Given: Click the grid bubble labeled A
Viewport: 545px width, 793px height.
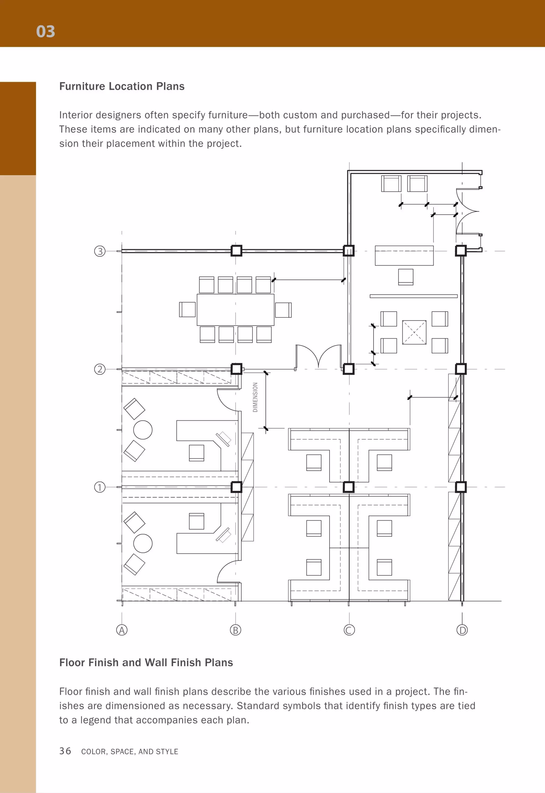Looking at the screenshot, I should click(122, 630).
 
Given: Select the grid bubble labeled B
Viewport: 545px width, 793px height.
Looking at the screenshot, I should click(235, 630).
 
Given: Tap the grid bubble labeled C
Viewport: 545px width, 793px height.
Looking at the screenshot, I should click(349, 630).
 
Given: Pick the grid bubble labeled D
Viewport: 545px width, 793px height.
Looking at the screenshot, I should click(462, 630).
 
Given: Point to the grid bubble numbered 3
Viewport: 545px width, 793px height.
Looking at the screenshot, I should click(100, 251).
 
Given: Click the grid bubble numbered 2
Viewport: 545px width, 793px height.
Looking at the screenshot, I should click(100, 369).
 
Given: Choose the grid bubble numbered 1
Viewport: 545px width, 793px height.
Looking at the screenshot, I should click(100, 487).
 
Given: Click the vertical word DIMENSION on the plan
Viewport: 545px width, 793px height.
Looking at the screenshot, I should click(255, 397).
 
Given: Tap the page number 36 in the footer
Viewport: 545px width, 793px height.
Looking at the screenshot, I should click(65, 751).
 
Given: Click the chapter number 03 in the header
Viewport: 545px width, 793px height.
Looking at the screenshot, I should click(46, 31).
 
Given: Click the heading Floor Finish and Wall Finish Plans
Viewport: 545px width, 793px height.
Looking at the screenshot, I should click(146, 663).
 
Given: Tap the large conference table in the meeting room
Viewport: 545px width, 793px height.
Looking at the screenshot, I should click(235, 309).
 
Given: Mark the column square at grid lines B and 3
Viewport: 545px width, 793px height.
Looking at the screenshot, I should click(236, 251).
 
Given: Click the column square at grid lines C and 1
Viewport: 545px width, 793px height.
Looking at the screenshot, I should click(348, 487).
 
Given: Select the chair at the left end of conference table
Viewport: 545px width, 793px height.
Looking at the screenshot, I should click(187, 309).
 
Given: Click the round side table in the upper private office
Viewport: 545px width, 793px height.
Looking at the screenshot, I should click(143, 430).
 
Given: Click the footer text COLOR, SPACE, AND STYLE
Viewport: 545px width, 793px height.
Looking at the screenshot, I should click(130, 751).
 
